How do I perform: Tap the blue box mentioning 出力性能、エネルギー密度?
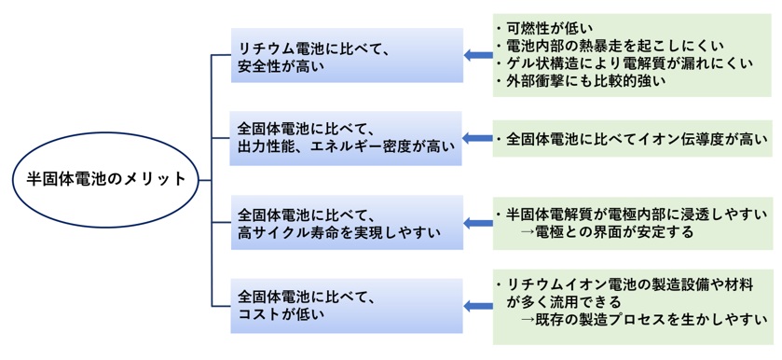[x=347, y=137]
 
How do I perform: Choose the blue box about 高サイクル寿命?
[x=347, y=222]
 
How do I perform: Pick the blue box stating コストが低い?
[x=347, y=305]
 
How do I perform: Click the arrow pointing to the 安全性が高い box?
[x=478, y=56]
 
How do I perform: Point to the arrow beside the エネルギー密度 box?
[x=478, y=138]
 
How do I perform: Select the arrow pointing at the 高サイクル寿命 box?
[x=478, y=222]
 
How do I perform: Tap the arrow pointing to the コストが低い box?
[x=478, y=305]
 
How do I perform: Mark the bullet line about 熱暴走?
[x=621, y=46]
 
